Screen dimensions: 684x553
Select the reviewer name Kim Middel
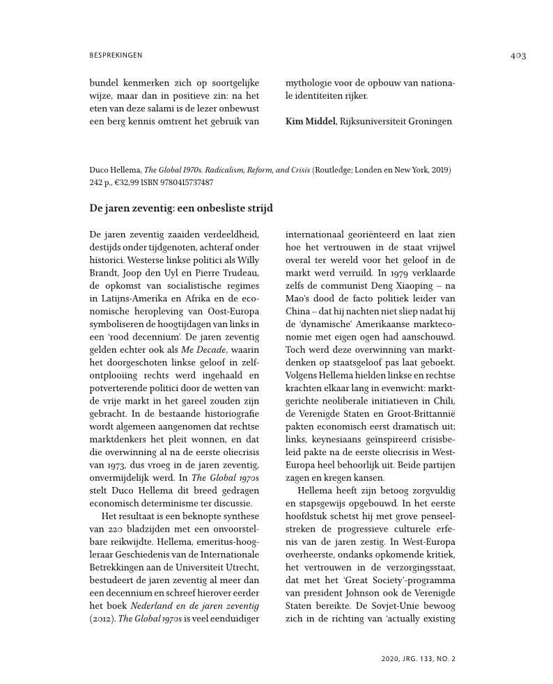(x=311, y=122)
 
